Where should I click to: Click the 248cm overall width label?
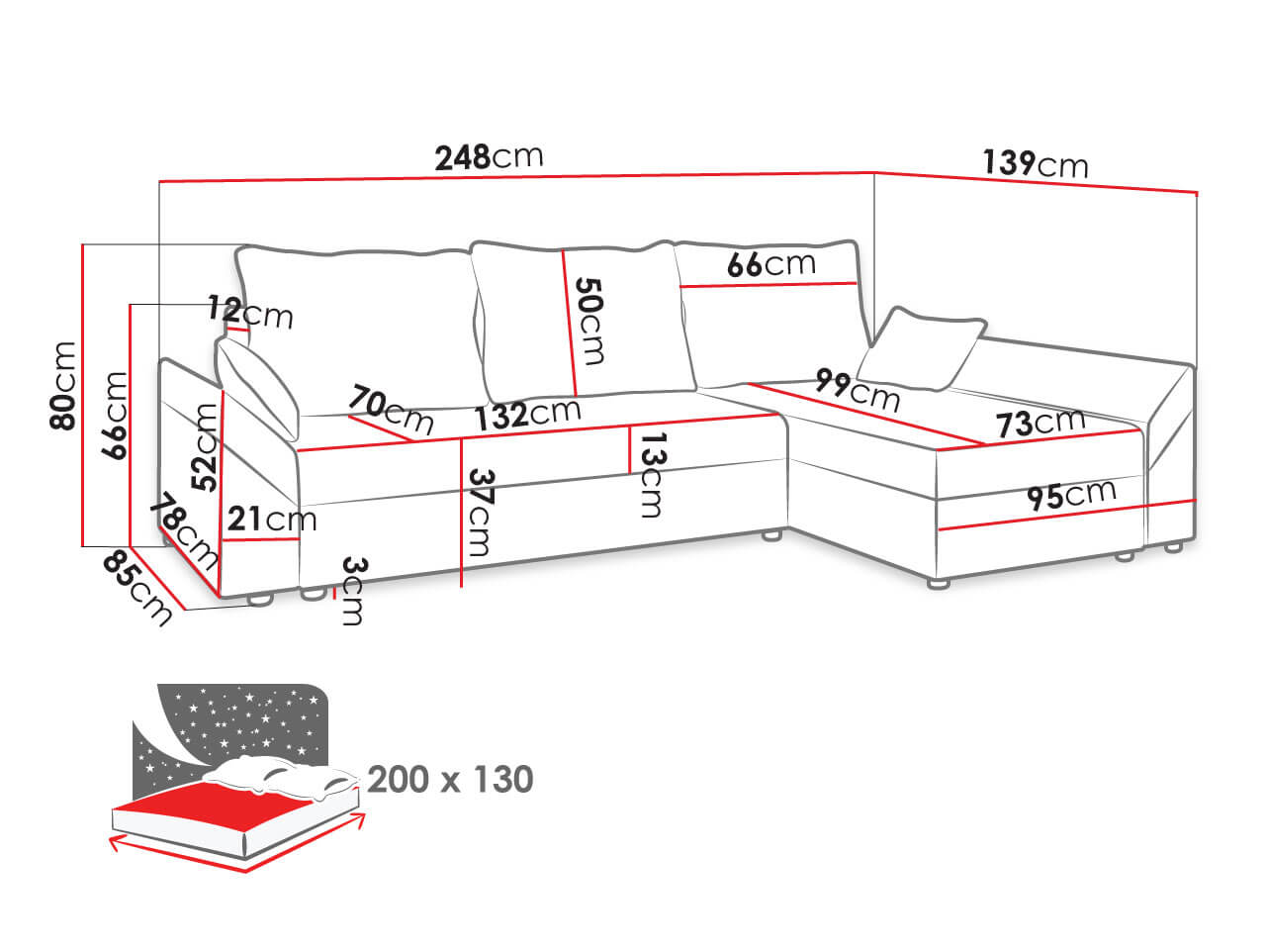(489, 157)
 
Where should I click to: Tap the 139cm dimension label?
(1035, 163)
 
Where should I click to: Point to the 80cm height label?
(63, 385)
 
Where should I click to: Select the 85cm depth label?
(137, 588)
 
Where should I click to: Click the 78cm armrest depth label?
(184, 530)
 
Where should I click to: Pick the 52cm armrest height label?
(205, 447)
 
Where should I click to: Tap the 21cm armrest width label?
(272, 519)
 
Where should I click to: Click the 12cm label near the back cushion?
(250, 312)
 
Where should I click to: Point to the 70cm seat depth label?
(391, 409)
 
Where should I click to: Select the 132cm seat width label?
(527, 415)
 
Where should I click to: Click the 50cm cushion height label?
(589, 321)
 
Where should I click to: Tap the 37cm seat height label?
(481, 513)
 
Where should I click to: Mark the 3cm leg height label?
(353, 591)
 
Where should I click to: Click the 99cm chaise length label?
(858, 391)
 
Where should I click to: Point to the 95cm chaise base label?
(1071, 495)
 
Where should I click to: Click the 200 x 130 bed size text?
(450, 779)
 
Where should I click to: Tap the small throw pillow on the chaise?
(921, 347)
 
